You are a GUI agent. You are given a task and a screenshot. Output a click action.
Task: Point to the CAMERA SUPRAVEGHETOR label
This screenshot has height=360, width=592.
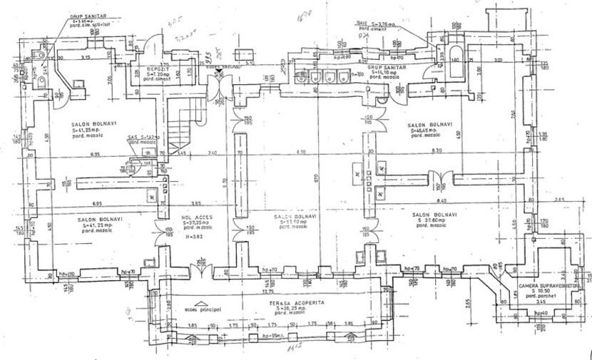pos(551,285)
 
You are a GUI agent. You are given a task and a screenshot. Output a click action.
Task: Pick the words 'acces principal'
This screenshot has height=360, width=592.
pos(203,309)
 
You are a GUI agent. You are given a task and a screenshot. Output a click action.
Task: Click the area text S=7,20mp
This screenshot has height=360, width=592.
pos(150,73)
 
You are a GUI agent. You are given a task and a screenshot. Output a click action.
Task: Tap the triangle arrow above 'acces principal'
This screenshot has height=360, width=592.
pos(203,302)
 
